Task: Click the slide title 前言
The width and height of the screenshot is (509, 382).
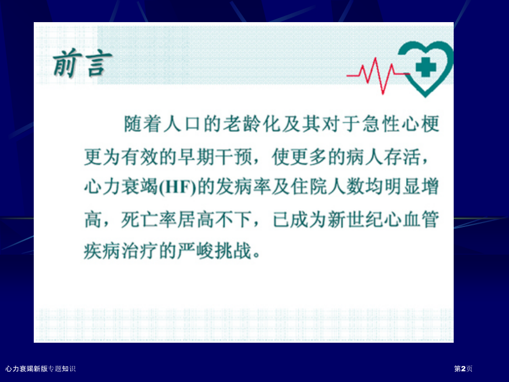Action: coord(82,63)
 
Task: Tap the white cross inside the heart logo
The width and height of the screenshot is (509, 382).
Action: coord(425,66)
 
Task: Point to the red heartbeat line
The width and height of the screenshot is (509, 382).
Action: coord(377,75)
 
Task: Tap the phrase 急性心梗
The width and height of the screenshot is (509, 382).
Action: coord(401,124)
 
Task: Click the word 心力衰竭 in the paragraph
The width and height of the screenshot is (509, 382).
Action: coord(121,188)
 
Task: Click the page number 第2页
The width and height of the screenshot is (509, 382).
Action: coord(463,369)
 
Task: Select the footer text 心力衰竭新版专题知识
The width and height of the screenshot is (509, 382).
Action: coord(40,369)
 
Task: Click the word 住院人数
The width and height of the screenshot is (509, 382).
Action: coord(328,188)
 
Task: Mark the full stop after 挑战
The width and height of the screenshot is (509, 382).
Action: coord(257,256)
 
